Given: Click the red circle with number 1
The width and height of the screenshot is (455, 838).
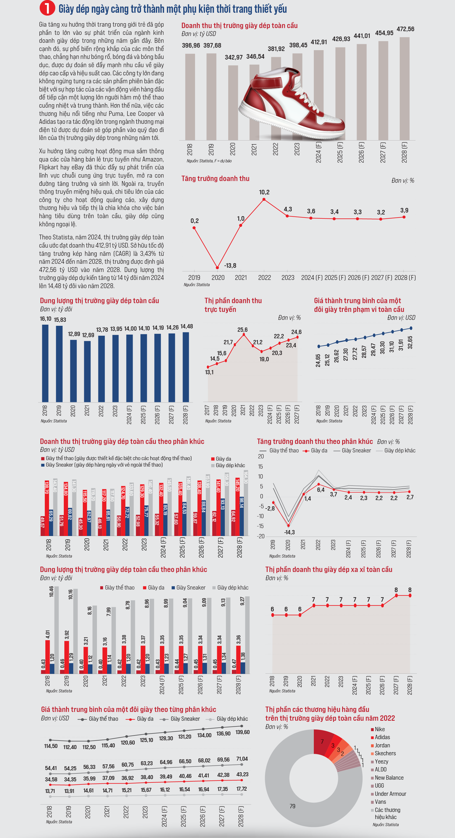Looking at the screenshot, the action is (x=47, y=8).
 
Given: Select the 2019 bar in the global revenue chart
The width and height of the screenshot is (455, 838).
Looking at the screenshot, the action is (x=211, y=97).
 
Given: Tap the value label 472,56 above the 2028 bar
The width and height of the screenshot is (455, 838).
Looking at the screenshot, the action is (x=405, y=29).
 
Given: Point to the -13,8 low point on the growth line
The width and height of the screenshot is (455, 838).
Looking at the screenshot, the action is (x=217, y=268).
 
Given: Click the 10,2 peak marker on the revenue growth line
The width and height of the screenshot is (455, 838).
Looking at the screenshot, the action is (x=264, y=199).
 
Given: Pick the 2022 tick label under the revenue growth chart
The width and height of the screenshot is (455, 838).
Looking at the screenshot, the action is (x=264, y=277).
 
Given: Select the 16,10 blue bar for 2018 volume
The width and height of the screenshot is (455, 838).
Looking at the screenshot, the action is (x=45, y=363).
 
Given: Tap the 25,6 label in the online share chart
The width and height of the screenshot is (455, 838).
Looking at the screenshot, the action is (x=242, y=330).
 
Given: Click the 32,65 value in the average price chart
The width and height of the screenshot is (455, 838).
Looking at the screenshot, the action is (x=410, y=343).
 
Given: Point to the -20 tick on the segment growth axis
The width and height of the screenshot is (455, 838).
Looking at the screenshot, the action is (x=261, y=536).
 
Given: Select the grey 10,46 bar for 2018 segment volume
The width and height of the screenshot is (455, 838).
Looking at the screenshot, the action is (x=56, y=629).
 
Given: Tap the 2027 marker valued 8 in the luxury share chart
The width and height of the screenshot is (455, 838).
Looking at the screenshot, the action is (x=396, y=595).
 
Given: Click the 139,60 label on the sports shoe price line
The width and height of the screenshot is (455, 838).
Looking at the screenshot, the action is (x=242, y=732).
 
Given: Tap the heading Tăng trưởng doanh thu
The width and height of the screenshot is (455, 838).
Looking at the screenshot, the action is (x=215, y=178).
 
